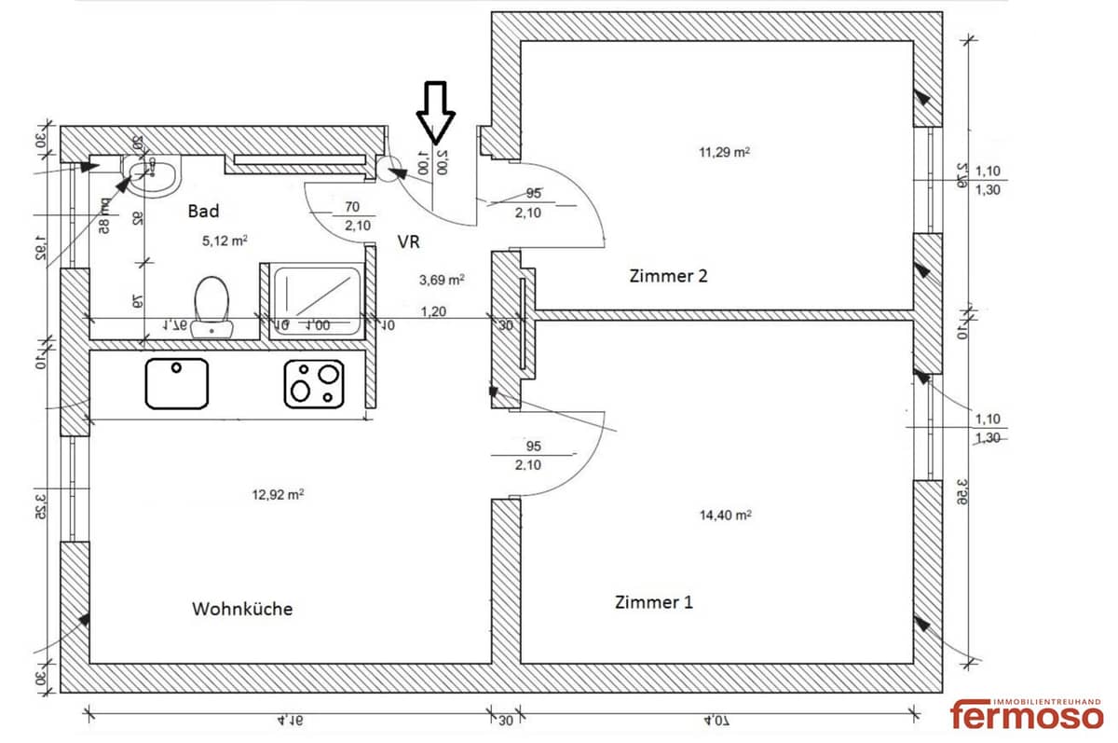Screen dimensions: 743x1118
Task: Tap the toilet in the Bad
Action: pyautogui.click(x=212, y=303)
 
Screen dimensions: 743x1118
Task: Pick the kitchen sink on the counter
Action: pyautogui.click(x=177, y=383)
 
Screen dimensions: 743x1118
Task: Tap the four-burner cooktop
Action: pyautogui.click(x=314, y=383)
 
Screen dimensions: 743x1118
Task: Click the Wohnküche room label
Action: pyautogui.click(x=242, y=609)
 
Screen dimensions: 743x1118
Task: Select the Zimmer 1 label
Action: pyautogui.click(x=654, y=602)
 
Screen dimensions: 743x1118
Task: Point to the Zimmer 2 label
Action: pyautogui.click(x=669, y=276)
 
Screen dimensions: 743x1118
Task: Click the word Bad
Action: pyautogui.click(x=203, y=212)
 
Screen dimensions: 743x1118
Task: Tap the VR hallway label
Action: pyautogui.click(x=409, y=241)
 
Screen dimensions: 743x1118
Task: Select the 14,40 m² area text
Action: pyautogui.click(x=726, y=514)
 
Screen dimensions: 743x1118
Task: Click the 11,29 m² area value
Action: pyautogui.click(x=724, y=151)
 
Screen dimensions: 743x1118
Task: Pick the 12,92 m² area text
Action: pyautogui.click(x=278, y=494)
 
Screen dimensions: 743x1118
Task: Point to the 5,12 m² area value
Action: pyautogui.click(x=225, y=240)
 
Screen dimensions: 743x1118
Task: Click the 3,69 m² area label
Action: pyautogui.click(x=443, y=278)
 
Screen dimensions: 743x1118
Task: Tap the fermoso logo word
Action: pyautogui.click(x=1027, y=715)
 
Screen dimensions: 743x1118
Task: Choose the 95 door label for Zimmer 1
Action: pyautogui.click(x=533, y=446)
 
